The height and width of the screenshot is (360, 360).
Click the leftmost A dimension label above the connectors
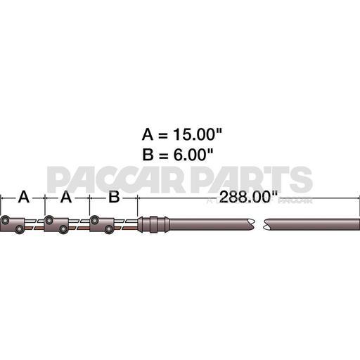23,198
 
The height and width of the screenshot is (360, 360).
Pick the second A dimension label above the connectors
67,198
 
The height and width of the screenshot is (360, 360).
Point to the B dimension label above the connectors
113,198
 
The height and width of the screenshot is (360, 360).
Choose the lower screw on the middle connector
63,229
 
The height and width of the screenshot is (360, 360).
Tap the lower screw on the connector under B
108,229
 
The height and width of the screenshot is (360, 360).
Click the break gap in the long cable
257,225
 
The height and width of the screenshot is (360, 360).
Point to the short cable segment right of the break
309,225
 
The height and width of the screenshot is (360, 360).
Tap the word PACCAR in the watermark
119,180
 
